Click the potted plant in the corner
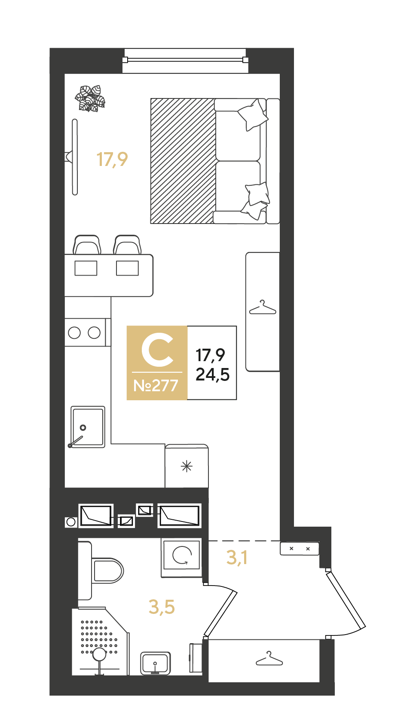click(x=90, y=98)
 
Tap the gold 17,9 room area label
click(x=112, y=160)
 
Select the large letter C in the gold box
click(x=157, y=350)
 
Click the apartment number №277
click(x=156, y=386)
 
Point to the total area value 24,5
click(x=212, y=374)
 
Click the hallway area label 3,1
click(x=237, y=558)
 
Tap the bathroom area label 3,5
click(x=162, y=607)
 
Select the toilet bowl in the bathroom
click(x=101, y=570)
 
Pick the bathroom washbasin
click(x=156, y=663)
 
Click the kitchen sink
click(x=88, y=427)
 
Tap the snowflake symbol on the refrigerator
click(x=187, y=466)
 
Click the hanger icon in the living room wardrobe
click(x=263, y=308)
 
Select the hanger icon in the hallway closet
click(x=269, y=659)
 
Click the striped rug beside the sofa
click(x=183, y=161)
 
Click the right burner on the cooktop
click(x=94, y=333)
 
